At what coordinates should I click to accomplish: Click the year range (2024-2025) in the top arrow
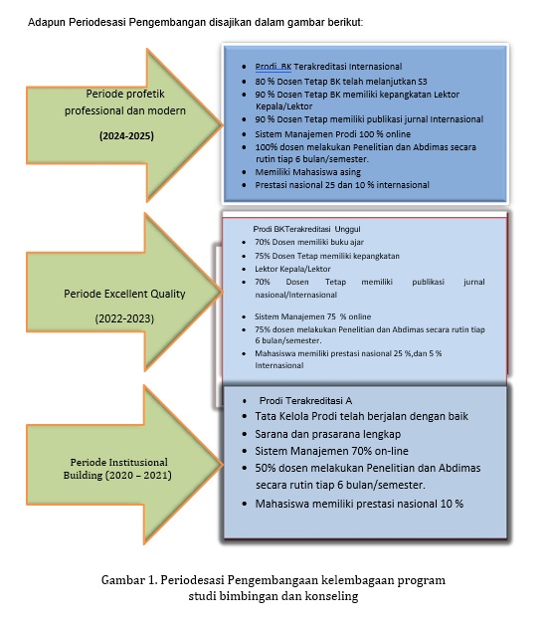pos(126,136)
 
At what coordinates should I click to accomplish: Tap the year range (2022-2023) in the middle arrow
pos(124,318)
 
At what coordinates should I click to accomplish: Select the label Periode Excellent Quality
pos(124,294)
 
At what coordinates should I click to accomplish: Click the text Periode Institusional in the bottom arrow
pos(119,462)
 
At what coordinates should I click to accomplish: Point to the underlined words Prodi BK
pos(274,67)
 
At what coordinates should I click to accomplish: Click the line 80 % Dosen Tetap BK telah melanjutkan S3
pos(341,82)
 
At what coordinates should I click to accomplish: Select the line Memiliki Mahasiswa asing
pos(308,172)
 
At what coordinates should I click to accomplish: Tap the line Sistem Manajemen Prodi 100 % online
pos(333,133)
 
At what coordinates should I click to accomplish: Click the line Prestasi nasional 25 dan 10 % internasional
pos(342,185)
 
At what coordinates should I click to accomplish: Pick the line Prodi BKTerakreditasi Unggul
pos(306,229)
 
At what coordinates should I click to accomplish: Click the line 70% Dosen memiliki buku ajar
pos(309,242)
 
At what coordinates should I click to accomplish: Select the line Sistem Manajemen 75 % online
pos(312,316)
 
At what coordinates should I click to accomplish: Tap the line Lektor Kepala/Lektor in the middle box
pos(292,269)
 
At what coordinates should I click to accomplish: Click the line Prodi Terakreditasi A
pos(305,400)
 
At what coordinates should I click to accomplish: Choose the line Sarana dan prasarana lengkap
pos(328,434)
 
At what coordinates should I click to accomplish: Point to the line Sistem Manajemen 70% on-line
pos(332,451)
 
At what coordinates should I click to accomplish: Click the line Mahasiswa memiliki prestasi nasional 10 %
pos(359,504)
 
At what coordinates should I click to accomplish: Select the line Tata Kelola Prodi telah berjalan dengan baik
pos(361,416)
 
